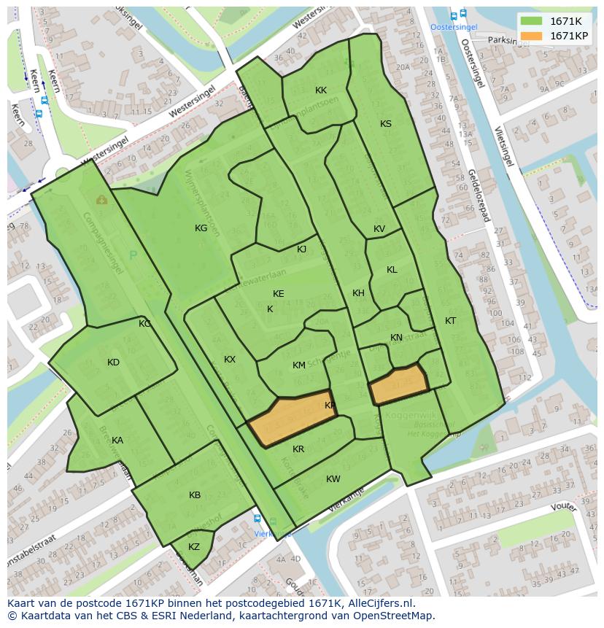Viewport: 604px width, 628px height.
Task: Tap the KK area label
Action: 321,90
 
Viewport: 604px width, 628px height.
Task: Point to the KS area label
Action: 386,124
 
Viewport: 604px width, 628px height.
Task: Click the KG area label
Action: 201,228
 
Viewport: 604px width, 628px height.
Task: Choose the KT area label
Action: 451,321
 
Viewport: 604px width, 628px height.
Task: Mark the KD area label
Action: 113,363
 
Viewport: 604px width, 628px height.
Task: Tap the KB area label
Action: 195,495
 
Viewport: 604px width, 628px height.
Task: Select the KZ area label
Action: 194,547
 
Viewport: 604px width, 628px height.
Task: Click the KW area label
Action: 333,479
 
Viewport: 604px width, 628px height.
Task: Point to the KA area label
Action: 117,441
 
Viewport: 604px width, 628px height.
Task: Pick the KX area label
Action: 230,360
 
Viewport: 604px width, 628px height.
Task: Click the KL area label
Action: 392,270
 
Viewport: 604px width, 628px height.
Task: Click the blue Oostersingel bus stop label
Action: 454,27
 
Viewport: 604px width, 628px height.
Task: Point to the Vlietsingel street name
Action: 500,145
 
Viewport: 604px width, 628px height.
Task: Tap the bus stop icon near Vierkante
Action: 257,519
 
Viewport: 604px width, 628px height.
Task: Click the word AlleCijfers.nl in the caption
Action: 379,604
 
